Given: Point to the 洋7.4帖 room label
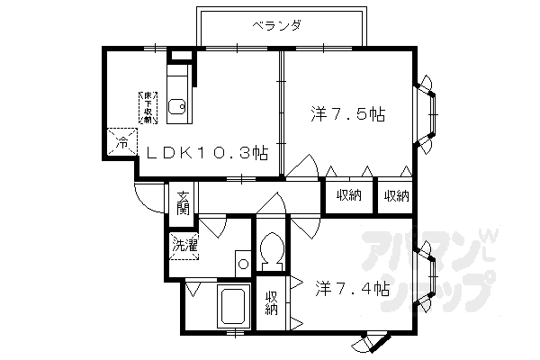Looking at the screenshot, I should tap(352, 290).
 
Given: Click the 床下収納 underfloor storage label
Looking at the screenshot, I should tap(145, 107).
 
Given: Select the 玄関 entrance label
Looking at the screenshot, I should tap(182, 202).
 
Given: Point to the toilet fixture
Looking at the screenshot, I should tap(269, 247).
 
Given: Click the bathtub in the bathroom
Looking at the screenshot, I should tap(233, 309).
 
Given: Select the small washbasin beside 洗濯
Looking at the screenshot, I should tap(241, 263).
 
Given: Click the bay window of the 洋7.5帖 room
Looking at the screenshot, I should tap(429, 113).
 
